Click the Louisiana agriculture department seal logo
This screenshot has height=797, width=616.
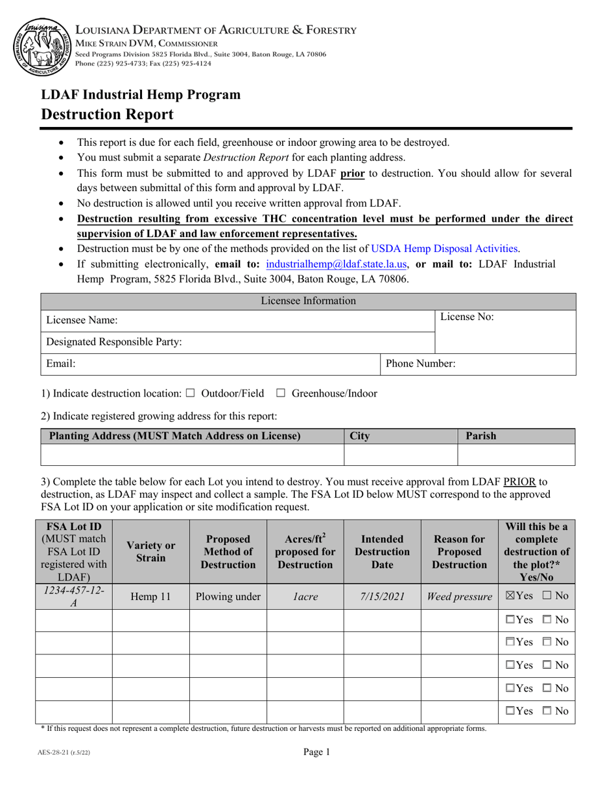coord(40,47)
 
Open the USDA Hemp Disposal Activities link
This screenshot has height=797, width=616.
coord(444,249)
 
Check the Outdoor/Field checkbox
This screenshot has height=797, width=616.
coord(190,393)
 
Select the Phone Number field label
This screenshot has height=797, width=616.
coord(420,364)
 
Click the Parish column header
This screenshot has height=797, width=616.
coord(481,436)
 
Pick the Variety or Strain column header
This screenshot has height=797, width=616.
coord(150,551)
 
